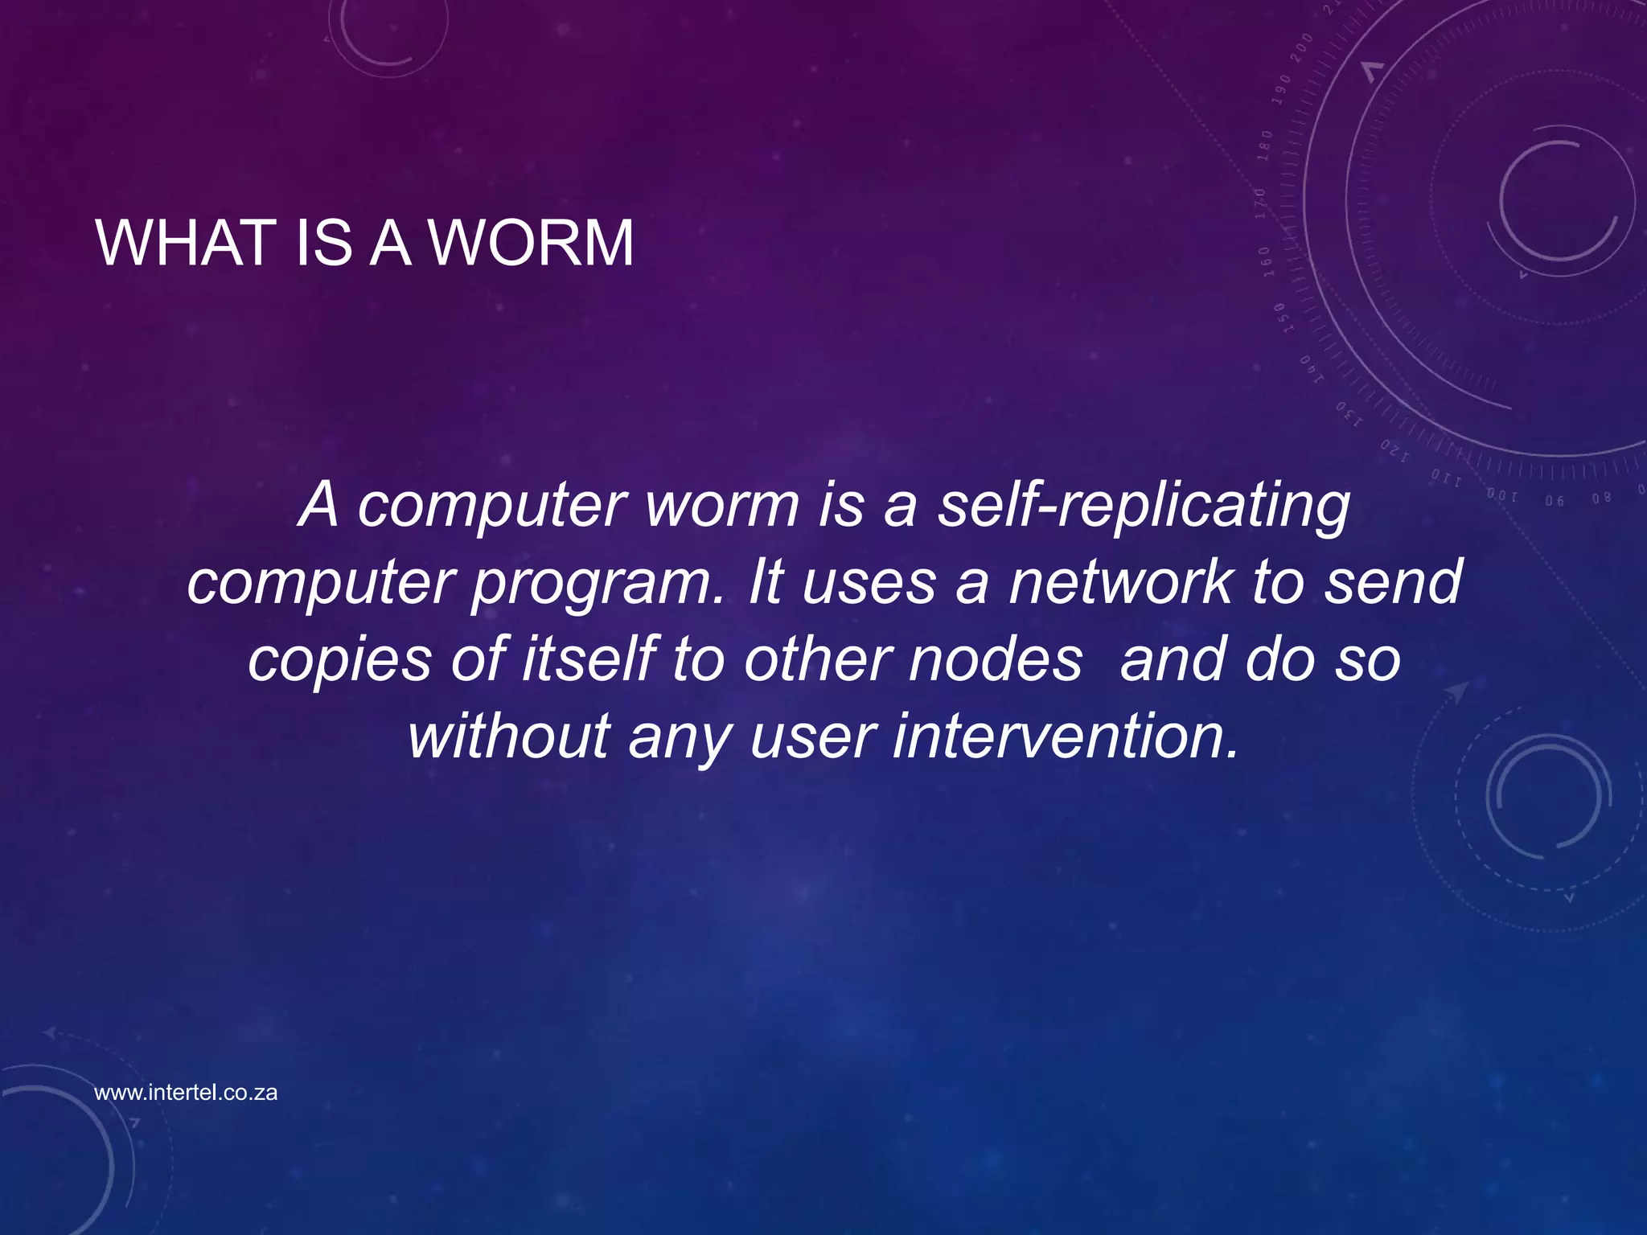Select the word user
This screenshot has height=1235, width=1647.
pos(812,737)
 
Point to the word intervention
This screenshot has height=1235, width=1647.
pos(1065,736)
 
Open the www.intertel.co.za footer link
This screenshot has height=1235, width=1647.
pos(186,1093)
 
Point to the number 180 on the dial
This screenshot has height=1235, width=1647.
pos(1266,146)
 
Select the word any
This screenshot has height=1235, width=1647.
pos(680,737)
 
